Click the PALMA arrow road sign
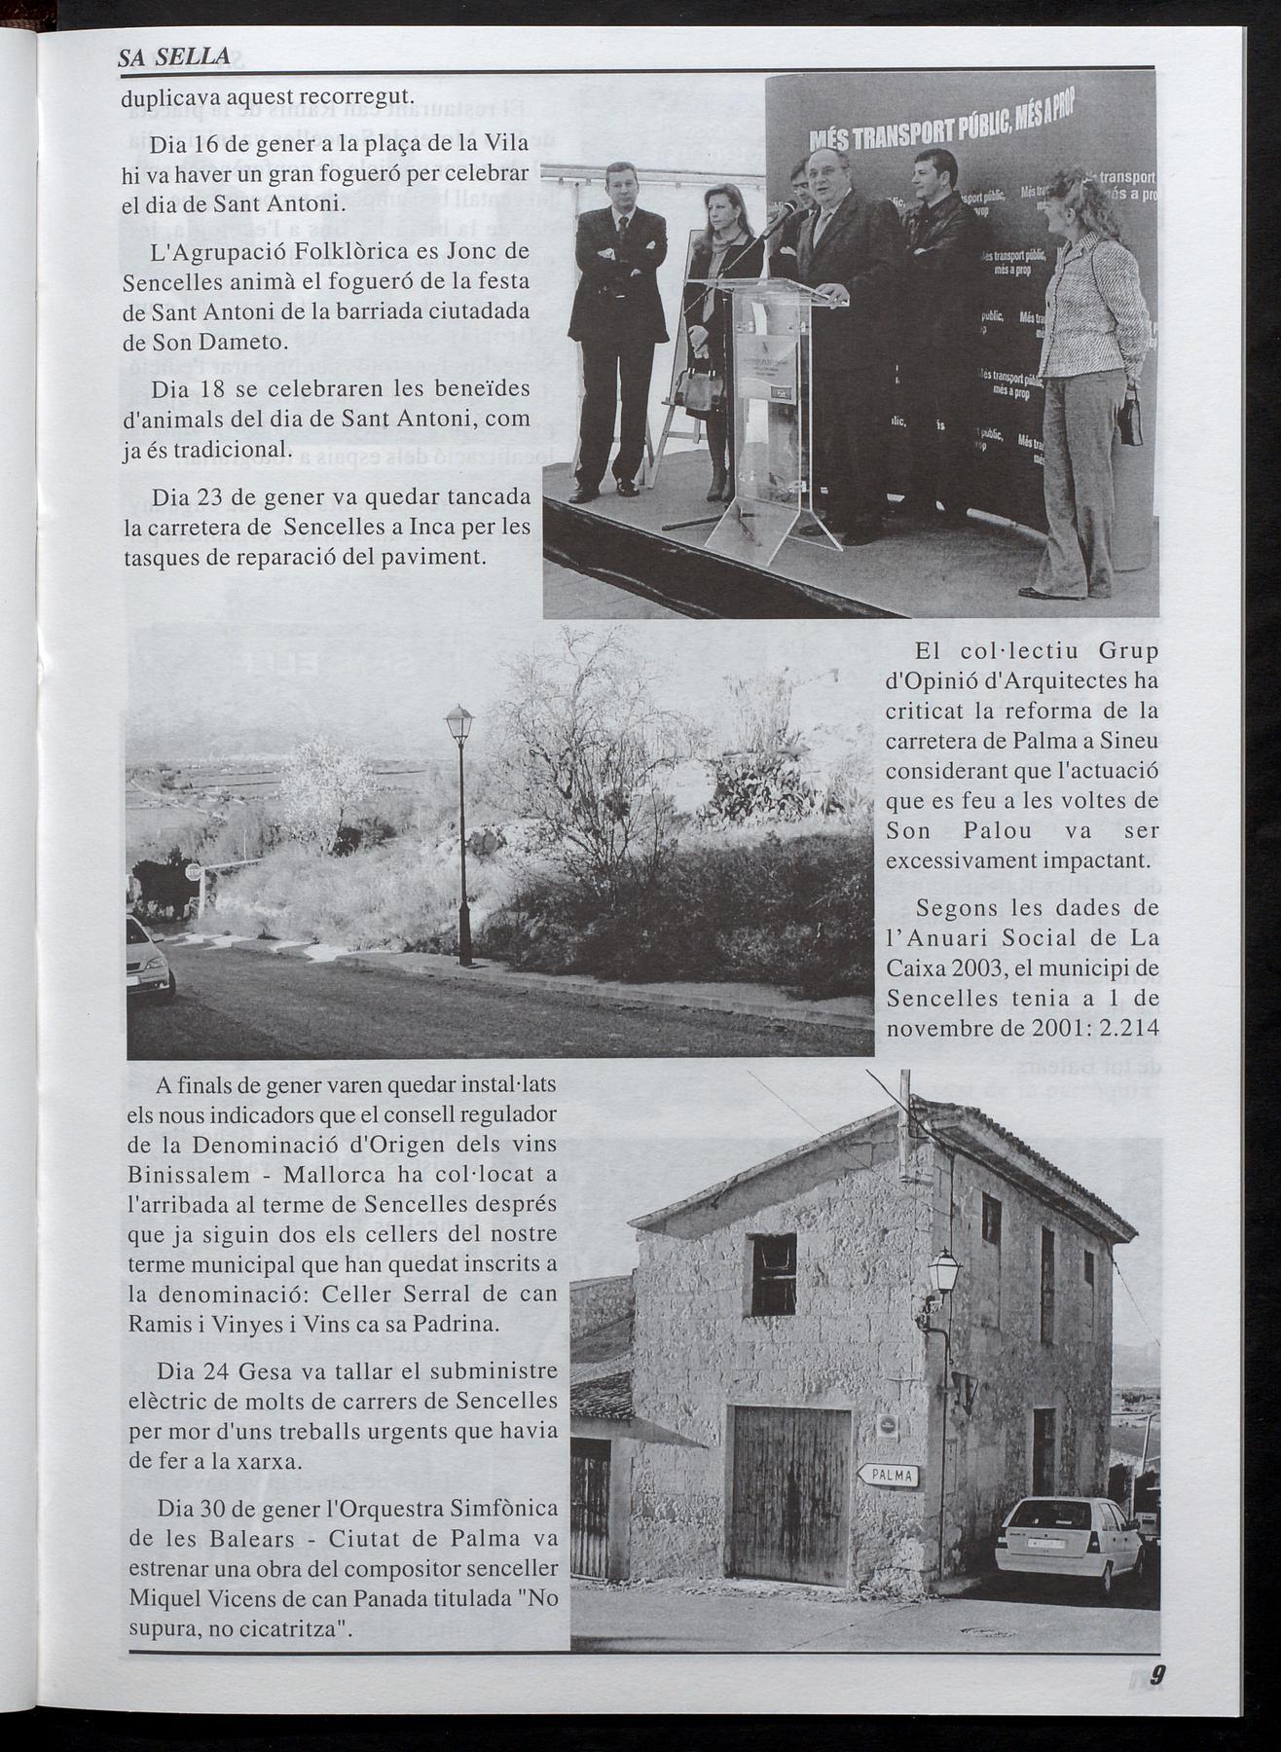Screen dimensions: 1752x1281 click(889, 1475)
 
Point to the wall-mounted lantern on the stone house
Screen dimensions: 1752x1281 click(943, 1275)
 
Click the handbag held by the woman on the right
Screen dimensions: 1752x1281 click(1129, 423)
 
